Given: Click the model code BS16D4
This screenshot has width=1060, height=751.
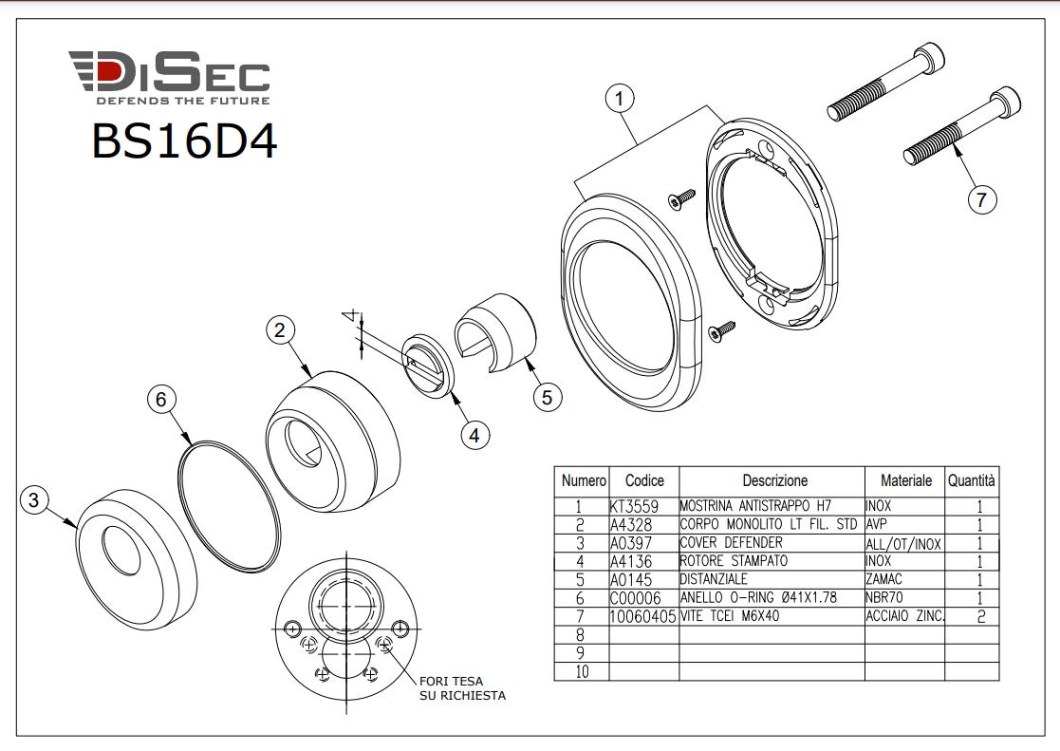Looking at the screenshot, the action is (x=184, y=141).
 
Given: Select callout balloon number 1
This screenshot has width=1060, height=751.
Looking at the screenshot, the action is (x=620, y=99).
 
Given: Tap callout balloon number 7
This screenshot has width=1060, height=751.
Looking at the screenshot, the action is (x=981, y=199).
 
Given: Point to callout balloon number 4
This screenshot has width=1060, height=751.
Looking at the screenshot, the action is (x=474, y=435).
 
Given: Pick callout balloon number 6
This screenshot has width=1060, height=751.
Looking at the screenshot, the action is (x=161, y=399).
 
